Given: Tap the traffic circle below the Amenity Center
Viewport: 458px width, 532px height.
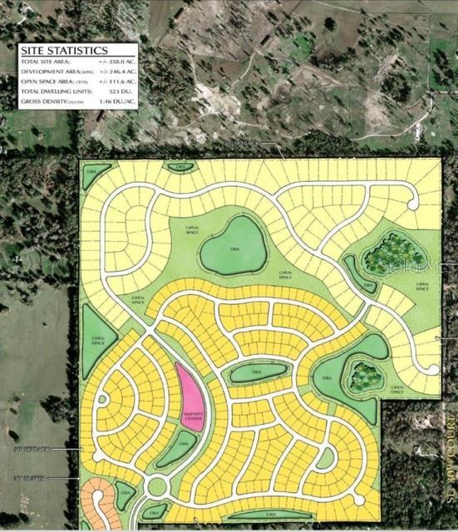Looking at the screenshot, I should tap(157, 485).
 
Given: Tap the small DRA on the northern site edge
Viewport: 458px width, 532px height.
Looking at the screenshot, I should tap(180, 166).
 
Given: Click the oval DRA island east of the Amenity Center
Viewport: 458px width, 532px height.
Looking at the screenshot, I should tap(259, 372).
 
